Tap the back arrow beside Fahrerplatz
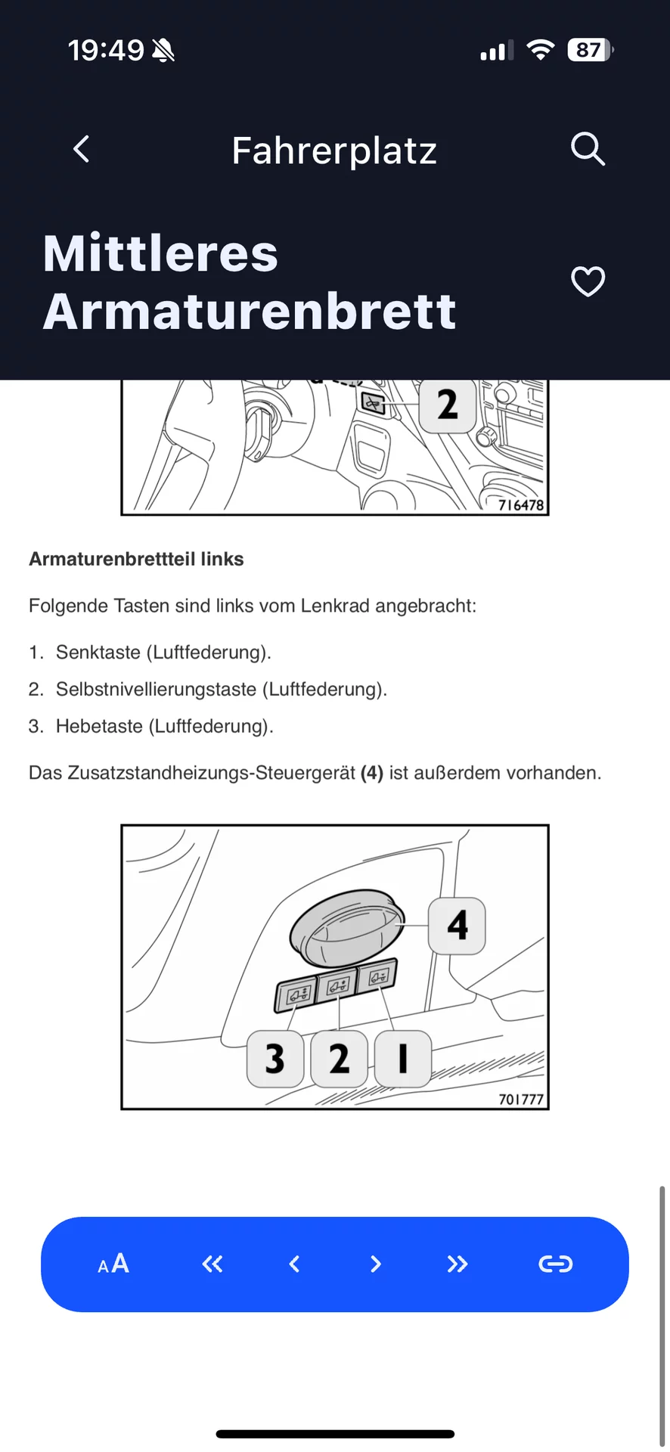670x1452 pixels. [82, 149]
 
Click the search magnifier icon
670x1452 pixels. [588, 149]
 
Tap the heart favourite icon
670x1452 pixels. [588, 282]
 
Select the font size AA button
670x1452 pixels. [113, 1264]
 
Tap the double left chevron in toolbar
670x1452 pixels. [212, 1264]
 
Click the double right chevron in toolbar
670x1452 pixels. [457, 1264]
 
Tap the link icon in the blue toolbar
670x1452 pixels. [555, 1264]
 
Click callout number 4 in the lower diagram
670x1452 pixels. [457, 926]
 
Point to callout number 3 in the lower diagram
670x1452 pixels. [275, 1058]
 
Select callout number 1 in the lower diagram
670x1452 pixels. [403, 1058]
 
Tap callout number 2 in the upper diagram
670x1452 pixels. [448, 405]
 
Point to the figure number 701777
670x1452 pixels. [521, 1099]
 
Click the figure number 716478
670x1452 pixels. [521, 504]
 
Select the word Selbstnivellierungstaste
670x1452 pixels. [157, 689]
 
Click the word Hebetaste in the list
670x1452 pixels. [99, 726]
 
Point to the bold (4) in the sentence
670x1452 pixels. [372, 773]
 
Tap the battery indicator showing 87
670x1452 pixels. [589, 50]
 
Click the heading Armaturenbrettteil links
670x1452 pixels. [136, 559]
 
